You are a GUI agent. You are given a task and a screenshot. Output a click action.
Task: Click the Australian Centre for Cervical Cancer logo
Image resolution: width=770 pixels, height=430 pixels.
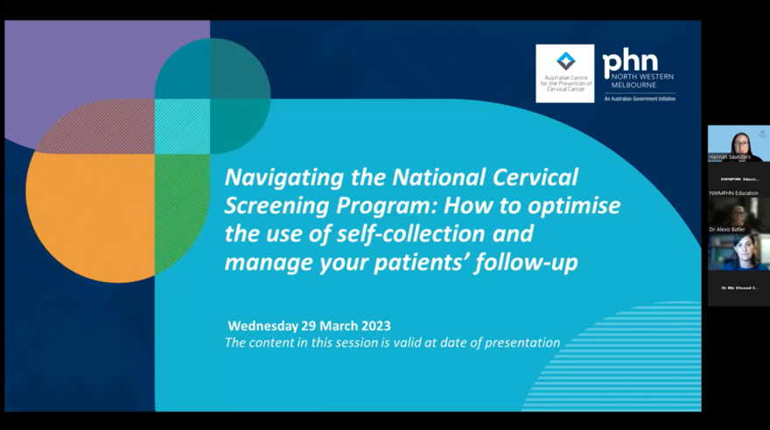(x=564, y=73)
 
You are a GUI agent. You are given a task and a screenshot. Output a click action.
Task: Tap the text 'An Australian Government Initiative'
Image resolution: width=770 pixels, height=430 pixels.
(x=639, y=99)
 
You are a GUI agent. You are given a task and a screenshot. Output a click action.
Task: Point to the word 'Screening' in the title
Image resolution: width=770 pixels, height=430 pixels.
(x=268, y=206)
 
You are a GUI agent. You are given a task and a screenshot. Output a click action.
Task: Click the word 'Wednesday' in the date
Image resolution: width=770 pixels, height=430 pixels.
(x=267, y=326)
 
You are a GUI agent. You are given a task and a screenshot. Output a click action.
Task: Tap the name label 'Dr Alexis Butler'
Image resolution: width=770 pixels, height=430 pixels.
(x=727, y=229)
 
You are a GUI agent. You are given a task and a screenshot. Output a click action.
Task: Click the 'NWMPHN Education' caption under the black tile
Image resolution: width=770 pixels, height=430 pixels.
(x=733, y=192)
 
